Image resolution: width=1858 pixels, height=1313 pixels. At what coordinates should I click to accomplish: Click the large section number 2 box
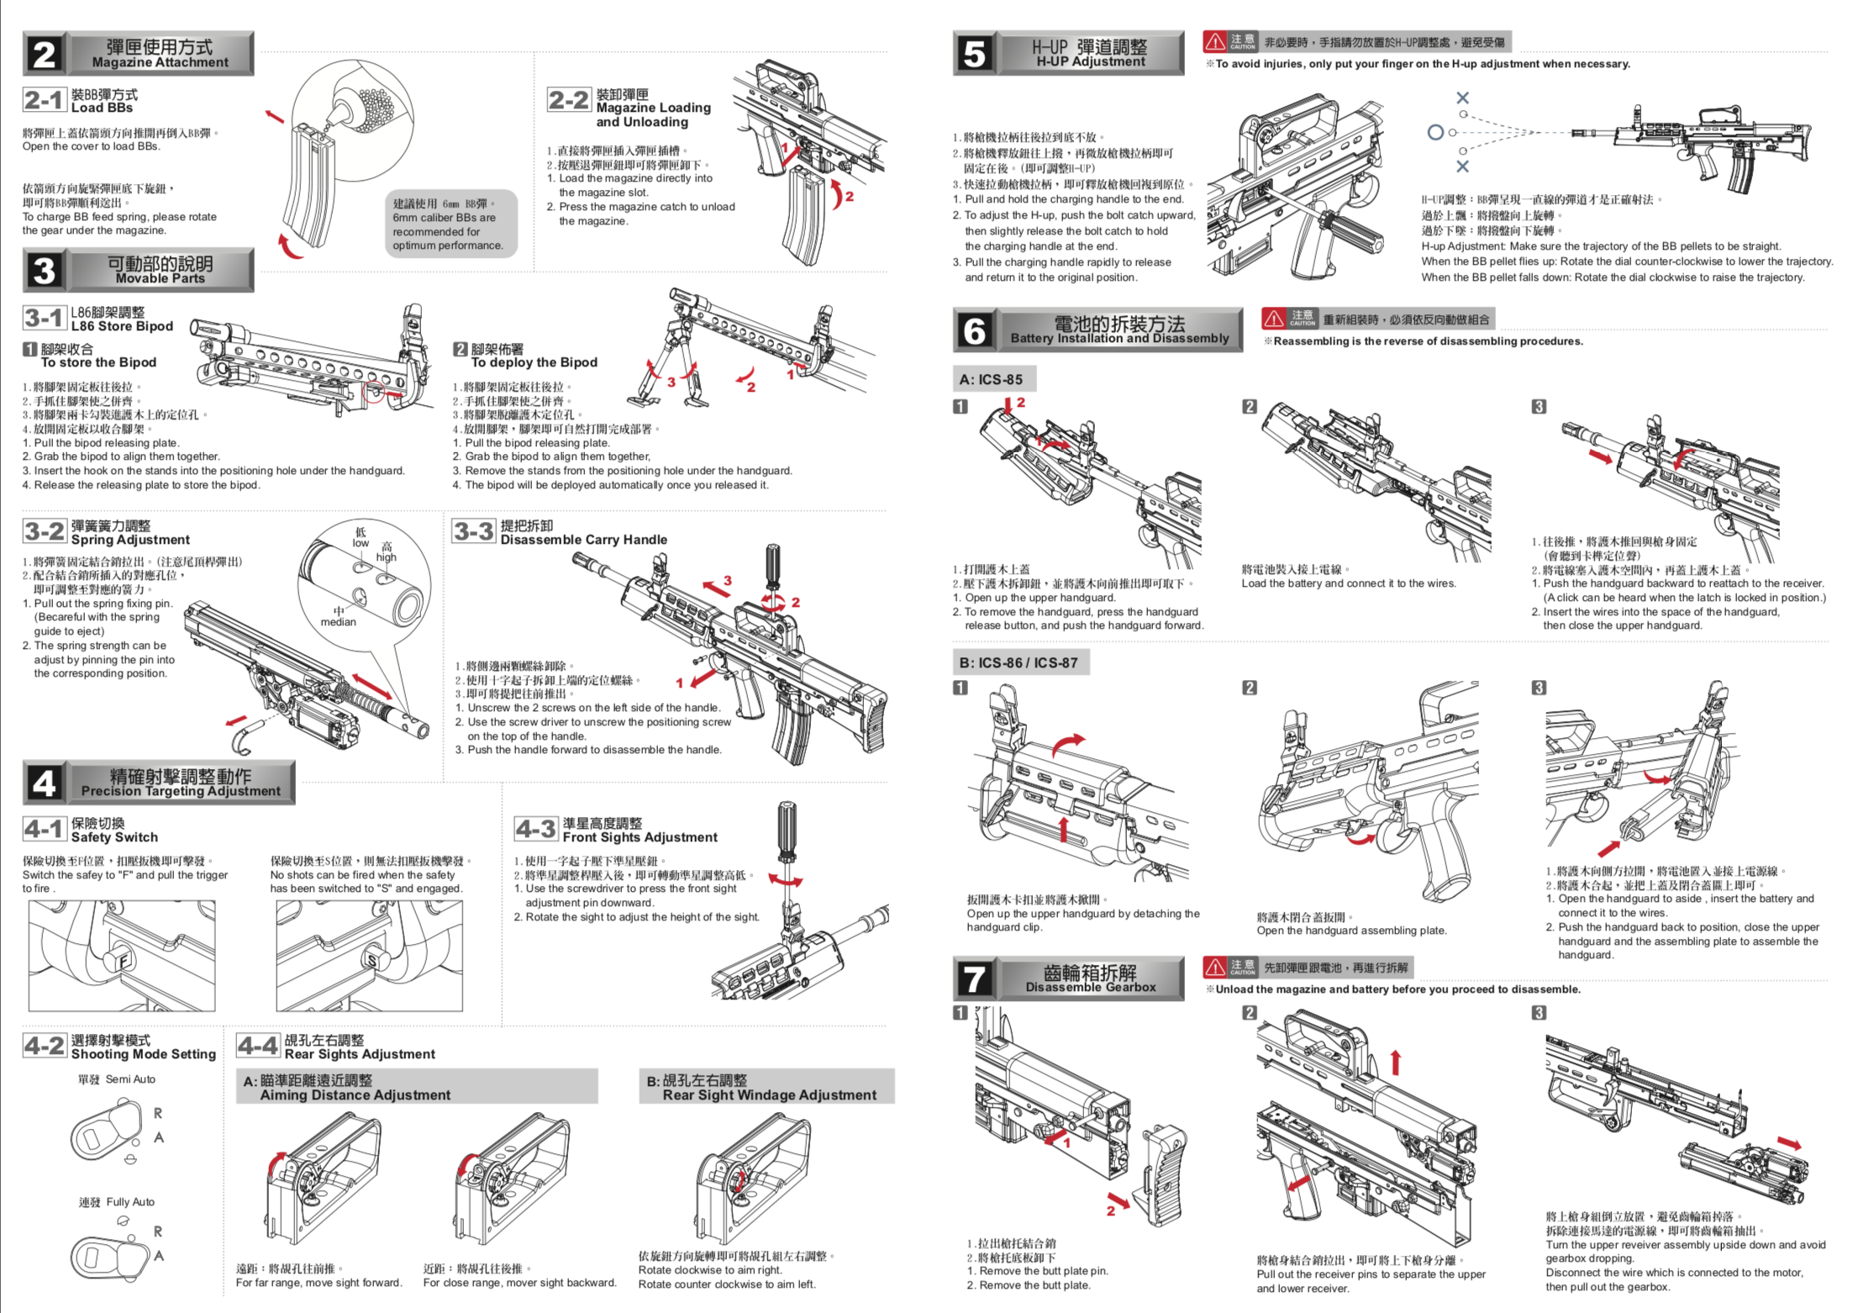tap(44, 55)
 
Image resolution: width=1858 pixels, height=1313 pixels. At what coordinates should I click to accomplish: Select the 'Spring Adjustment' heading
tap(130, 540)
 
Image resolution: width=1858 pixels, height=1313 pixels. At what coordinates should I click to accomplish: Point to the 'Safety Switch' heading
tap(114, 837)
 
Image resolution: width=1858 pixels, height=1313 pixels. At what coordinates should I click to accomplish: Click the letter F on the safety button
tap(124, 961)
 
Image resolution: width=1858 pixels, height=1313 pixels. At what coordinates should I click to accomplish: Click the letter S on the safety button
tap(371, 961)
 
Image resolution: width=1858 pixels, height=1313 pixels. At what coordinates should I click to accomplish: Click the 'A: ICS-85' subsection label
tap(992, 379)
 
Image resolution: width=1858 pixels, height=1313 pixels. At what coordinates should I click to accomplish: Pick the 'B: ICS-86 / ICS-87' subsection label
tap(1019, 662)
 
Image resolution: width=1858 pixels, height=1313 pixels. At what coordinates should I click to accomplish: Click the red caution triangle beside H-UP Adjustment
tap(1215, 41)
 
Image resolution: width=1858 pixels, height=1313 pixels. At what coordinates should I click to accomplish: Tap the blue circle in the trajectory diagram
tap(1435, 132)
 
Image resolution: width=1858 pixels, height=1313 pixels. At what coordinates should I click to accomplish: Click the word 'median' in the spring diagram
tap(338, 622)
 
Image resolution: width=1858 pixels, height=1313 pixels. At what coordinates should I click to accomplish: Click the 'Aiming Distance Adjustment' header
tap(355, 1094)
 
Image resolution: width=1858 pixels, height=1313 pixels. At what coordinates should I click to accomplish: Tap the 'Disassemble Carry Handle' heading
tap(584, 540)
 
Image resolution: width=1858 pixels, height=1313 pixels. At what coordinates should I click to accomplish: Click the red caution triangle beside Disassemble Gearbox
tap(1215, 967)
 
